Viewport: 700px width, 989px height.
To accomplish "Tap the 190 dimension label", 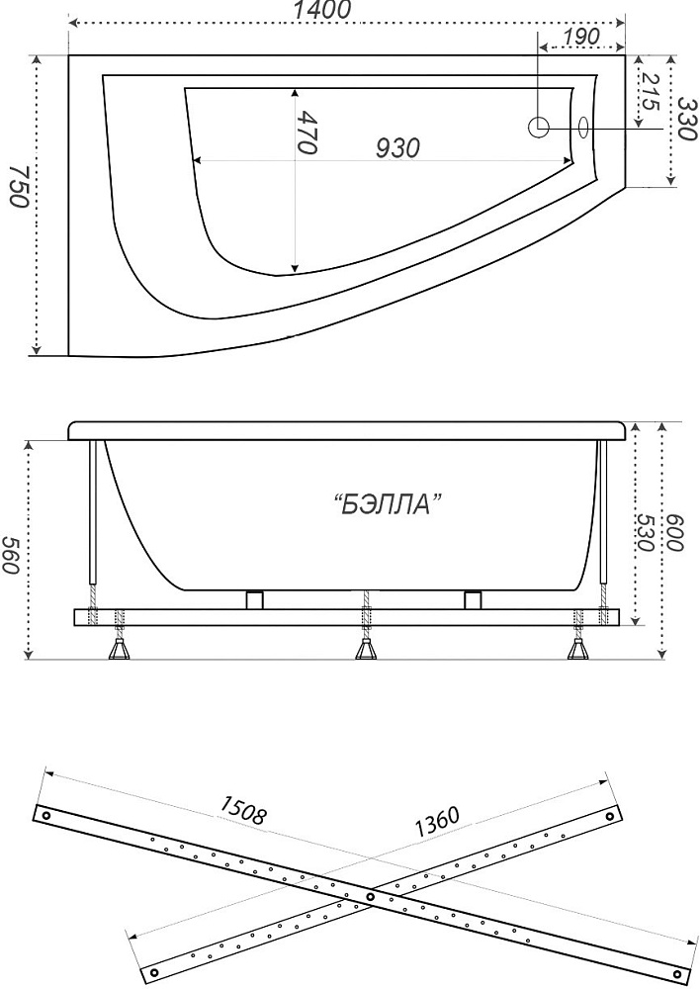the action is (580, 37).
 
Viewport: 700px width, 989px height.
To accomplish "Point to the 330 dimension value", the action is (687, 120).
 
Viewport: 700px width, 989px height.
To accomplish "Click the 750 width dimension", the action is (18, 187).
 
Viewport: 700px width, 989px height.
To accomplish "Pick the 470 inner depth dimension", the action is (307, 133).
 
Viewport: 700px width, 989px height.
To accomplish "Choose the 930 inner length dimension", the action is (397, 148).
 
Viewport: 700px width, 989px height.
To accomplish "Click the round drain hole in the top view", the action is (538, 127).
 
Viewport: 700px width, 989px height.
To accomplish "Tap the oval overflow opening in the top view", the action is (583, 127).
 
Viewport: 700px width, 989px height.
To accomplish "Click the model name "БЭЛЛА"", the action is (387, 504).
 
